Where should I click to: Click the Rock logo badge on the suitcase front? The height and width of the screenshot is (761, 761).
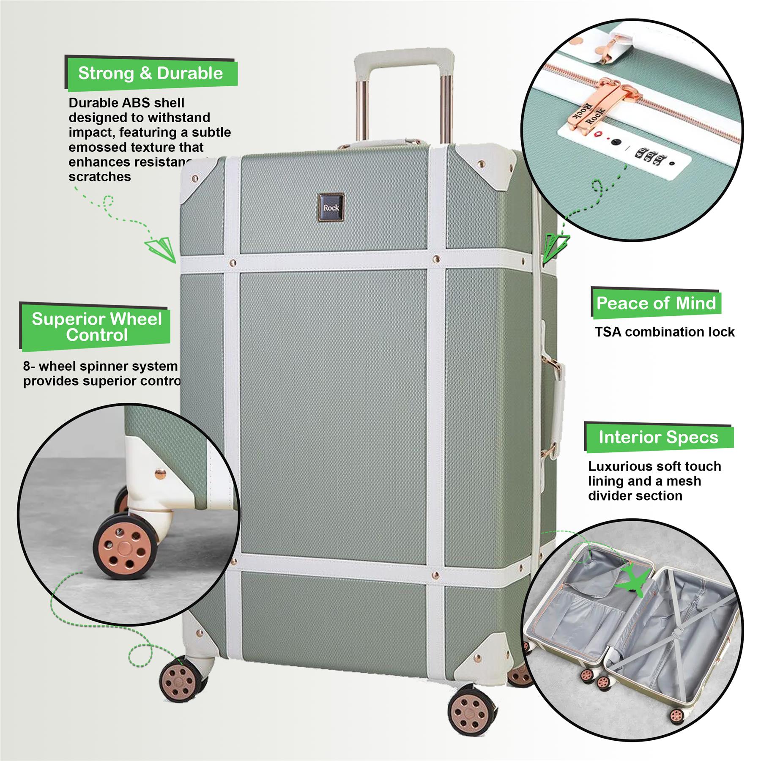pos(331,207)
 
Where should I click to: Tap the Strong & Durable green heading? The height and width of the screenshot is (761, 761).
pos(151,74)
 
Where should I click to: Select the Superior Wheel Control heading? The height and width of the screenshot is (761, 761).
pos(97,327)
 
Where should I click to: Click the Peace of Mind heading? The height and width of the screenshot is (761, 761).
pos(656,303)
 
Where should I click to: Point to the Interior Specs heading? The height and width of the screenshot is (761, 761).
pos(658,437)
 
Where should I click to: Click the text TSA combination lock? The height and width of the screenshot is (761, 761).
pos(665,332)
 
